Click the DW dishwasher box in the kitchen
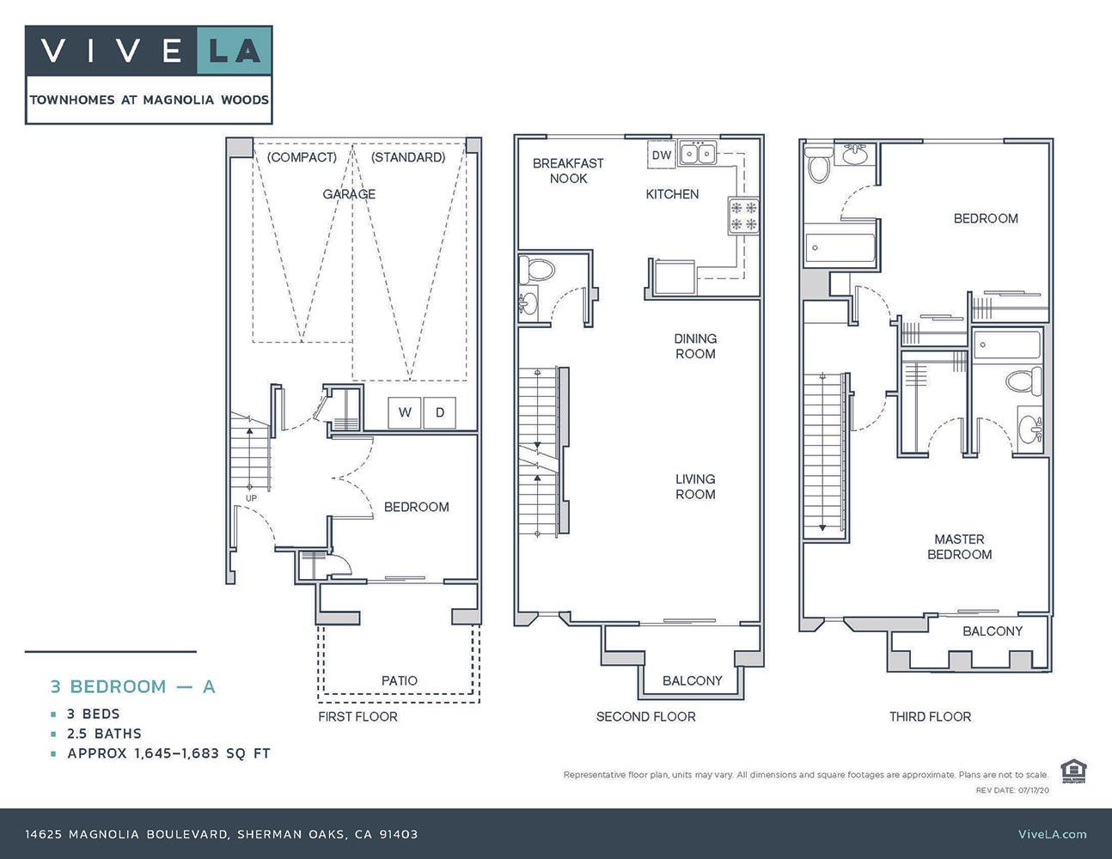(661, 155)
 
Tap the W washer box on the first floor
(404, 412)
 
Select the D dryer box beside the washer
(439, 412)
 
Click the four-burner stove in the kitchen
(744, 216)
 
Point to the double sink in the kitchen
(698, 155)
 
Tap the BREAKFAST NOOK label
(568, 170)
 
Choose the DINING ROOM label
(695, 346)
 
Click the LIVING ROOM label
(695, 486)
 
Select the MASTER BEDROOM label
(959, 546)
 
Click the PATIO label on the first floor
(400, 680)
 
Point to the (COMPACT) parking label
(302, 157)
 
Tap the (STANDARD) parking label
(408, 157)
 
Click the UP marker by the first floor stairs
(251, 498)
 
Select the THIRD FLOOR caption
(930, 716)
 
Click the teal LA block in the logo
(235, 52)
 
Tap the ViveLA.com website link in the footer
(1052, 833)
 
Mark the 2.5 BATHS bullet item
(104, 734)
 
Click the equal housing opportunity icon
(1072, 771)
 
